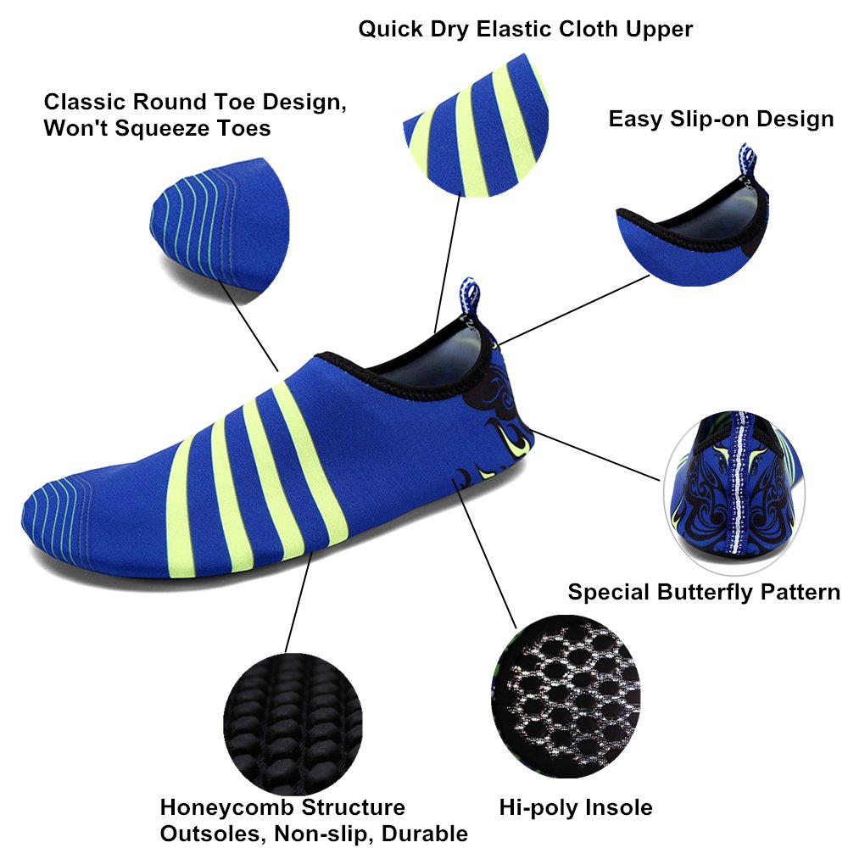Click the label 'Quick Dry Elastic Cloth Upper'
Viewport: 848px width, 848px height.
[x=525, y=29]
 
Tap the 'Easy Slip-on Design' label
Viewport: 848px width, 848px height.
[x=721, y=119]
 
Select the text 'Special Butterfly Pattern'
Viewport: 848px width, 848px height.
[x=704, y=591]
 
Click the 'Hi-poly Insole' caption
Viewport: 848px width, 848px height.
[x=575, y=806]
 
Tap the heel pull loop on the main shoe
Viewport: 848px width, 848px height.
[x=471, y=297]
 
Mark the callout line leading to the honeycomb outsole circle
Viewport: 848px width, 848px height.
[x=297, y=602]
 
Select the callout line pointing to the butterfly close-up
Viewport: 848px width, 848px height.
[x=594, y=454]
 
